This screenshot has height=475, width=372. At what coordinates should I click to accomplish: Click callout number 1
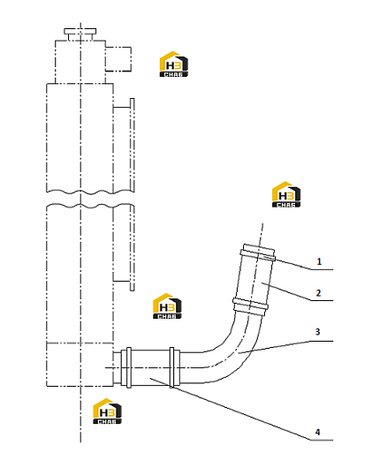[319, 261]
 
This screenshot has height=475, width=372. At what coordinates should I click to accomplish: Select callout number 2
[318, 293]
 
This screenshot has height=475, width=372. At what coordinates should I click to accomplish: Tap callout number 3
[317, 332]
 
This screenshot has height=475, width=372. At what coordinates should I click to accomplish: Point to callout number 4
[317, 432]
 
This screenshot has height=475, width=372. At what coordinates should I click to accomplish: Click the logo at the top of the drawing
[174, 64]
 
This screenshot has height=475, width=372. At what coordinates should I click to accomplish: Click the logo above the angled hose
[286, 194]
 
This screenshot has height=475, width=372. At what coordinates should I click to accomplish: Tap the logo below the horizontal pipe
[107, 411]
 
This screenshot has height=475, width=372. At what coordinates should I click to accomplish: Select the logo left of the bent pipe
[167, 305]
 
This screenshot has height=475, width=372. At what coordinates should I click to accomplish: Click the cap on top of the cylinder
[80, 34]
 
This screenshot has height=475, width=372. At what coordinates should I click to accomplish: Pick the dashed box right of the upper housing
[118, 59]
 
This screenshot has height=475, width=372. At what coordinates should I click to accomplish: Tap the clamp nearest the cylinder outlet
[129, 367]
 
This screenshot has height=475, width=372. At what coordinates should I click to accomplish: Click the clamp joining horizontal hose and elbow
[172, 367]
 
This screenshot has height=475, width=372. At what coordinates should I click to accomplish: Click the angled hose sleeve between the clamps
[254, 279]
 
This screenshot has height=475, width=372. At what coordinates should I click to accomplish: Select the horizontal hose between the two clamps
[150, 367]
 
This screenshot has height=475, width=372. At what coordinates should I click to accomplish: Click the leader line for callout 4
[241, 409]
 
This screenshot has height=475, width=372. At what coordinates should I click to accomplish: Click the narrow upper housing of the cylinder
[80, 62]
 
